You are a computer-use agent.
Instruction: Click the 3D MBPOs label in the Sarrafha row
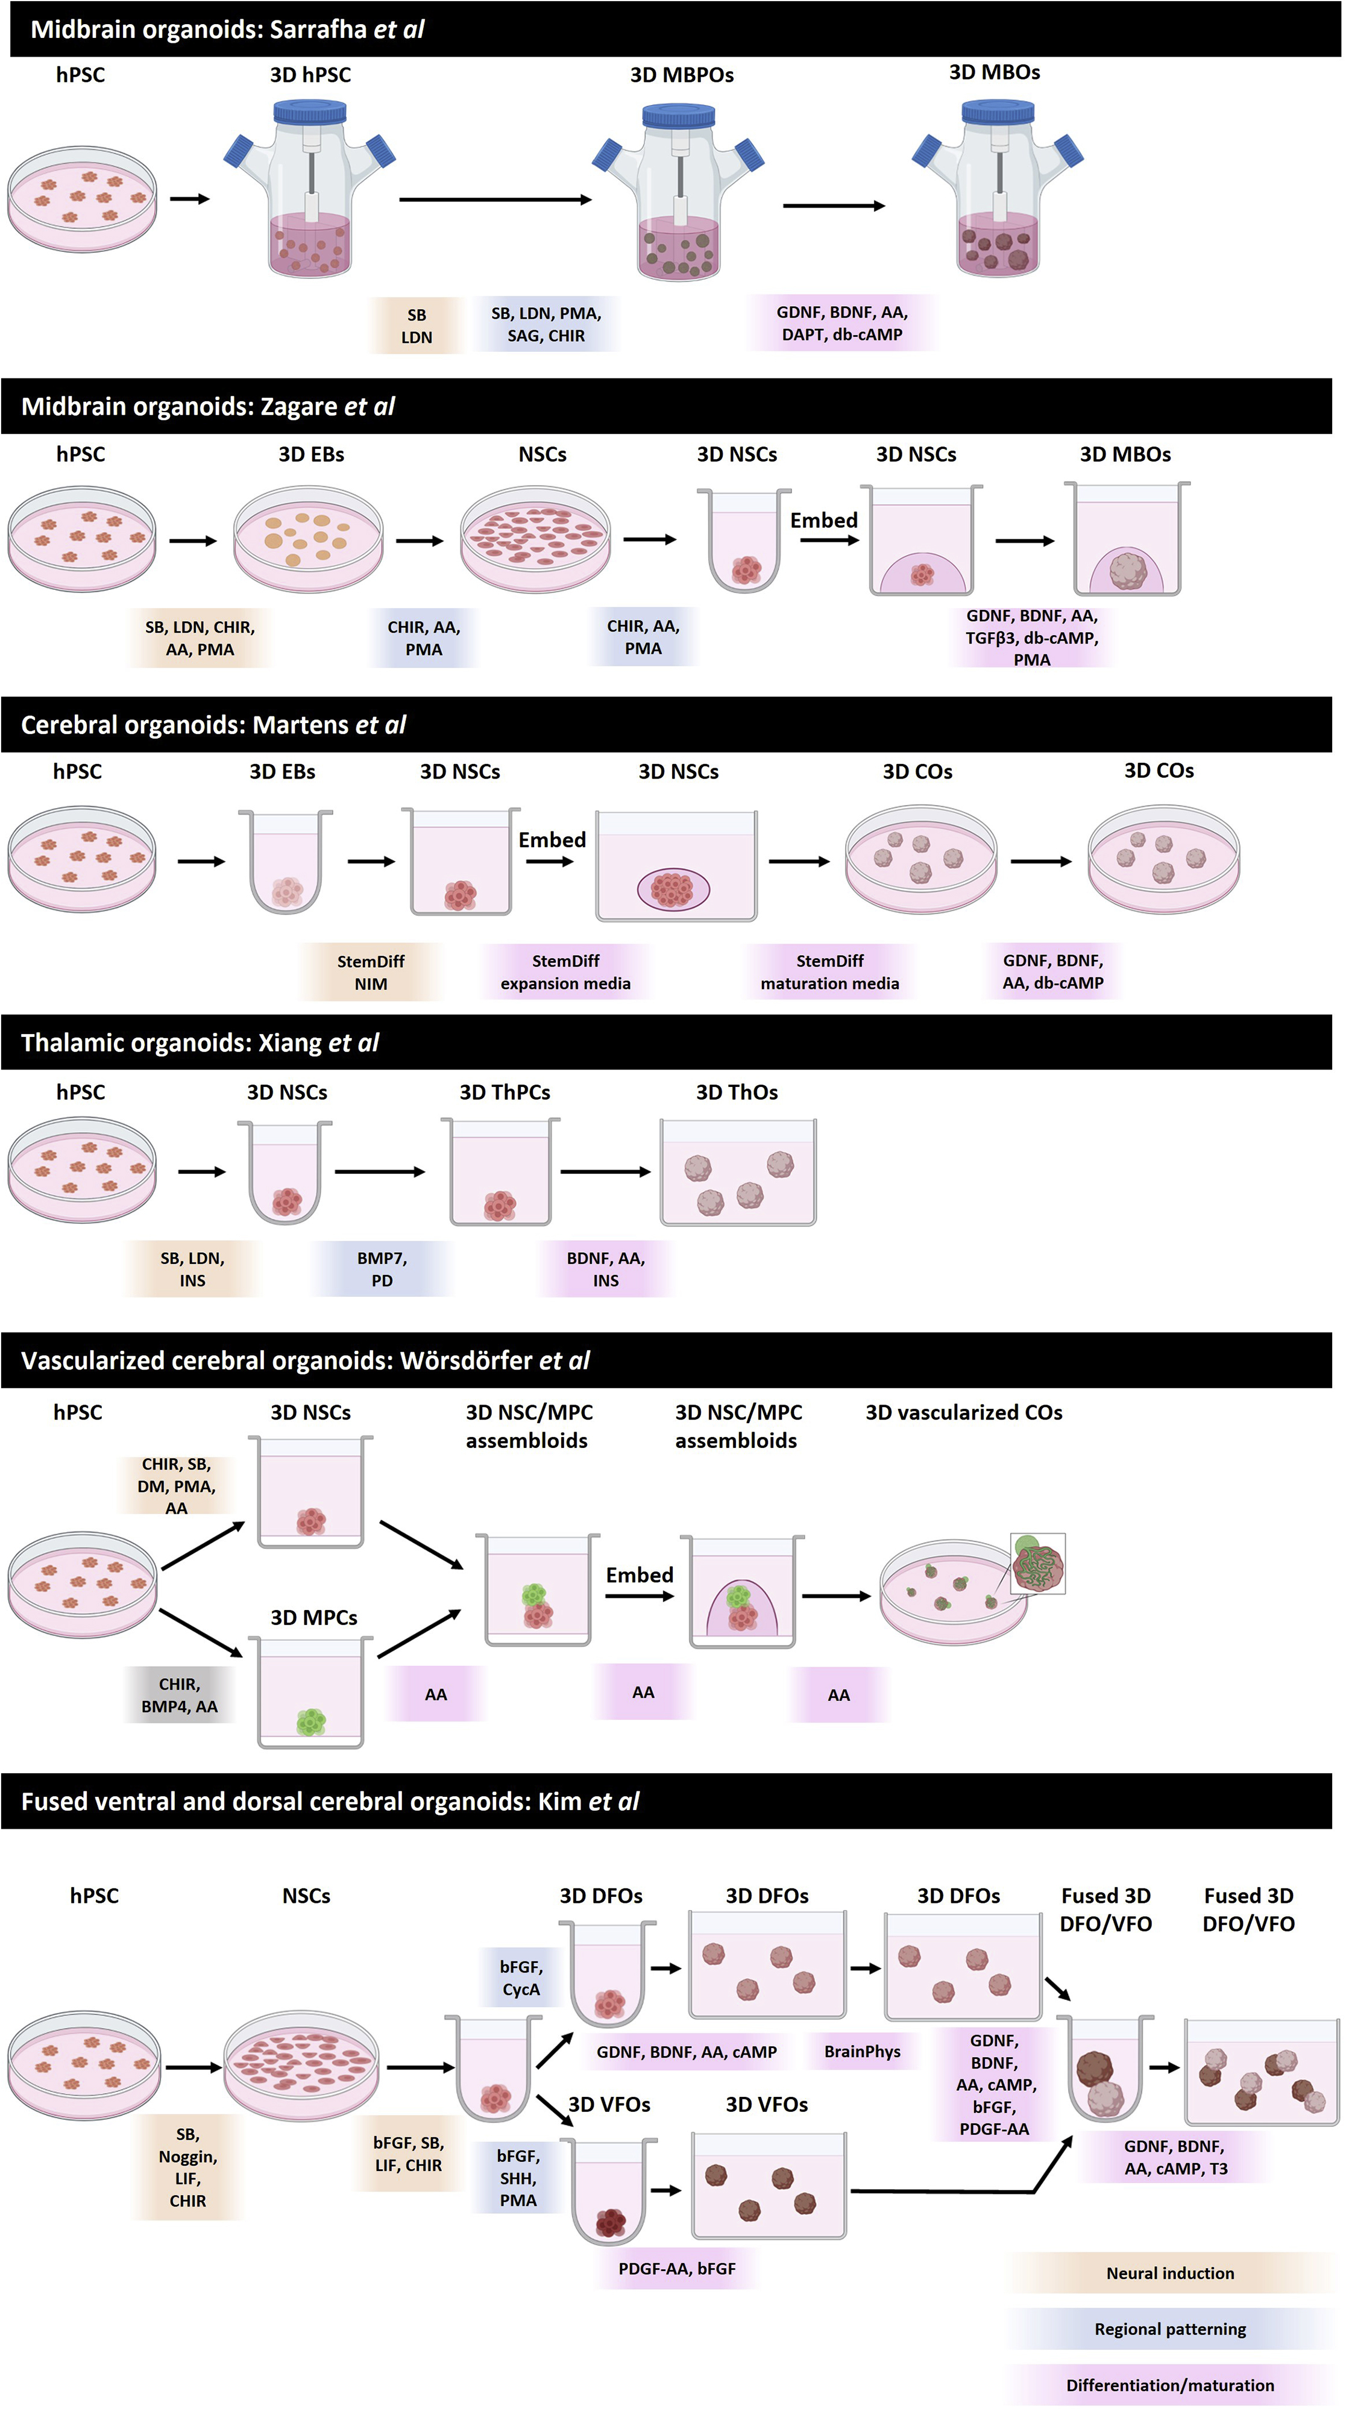[681, 75]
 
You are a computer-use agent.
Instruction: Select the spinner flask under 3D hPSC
[310, 192]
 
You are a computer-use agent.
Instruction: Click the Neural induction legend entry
[1169, 2272]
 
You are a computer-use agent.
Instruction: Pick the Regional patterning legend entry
[1169, 2329]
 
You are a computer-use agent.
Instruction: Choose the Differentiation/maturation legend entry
[1169, 2385]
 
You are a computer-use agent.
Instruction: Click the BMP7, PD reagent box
[382, 1269]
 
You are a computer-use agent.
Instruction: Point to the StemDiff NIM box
[371, 973]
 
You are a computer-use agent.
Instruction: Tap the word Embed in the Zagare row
[823, 520]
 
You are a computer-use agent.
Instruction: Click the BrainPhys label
[861, 2051]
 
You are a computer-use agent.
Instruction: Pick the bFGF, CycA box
[521, 1978]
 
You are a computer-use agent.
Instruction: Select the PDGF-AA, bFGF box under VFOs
[676, 2268]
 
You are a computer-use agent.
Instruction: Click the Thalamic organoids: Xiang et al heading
[200, 1043]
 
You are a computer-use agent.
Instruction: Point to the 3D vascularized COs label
[963, 1412]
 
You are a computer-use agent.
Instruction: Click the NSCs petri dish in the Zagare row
[535, 540]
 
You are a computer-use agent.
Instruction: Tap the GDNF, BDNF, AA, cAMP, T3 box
[1175, 2158]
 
